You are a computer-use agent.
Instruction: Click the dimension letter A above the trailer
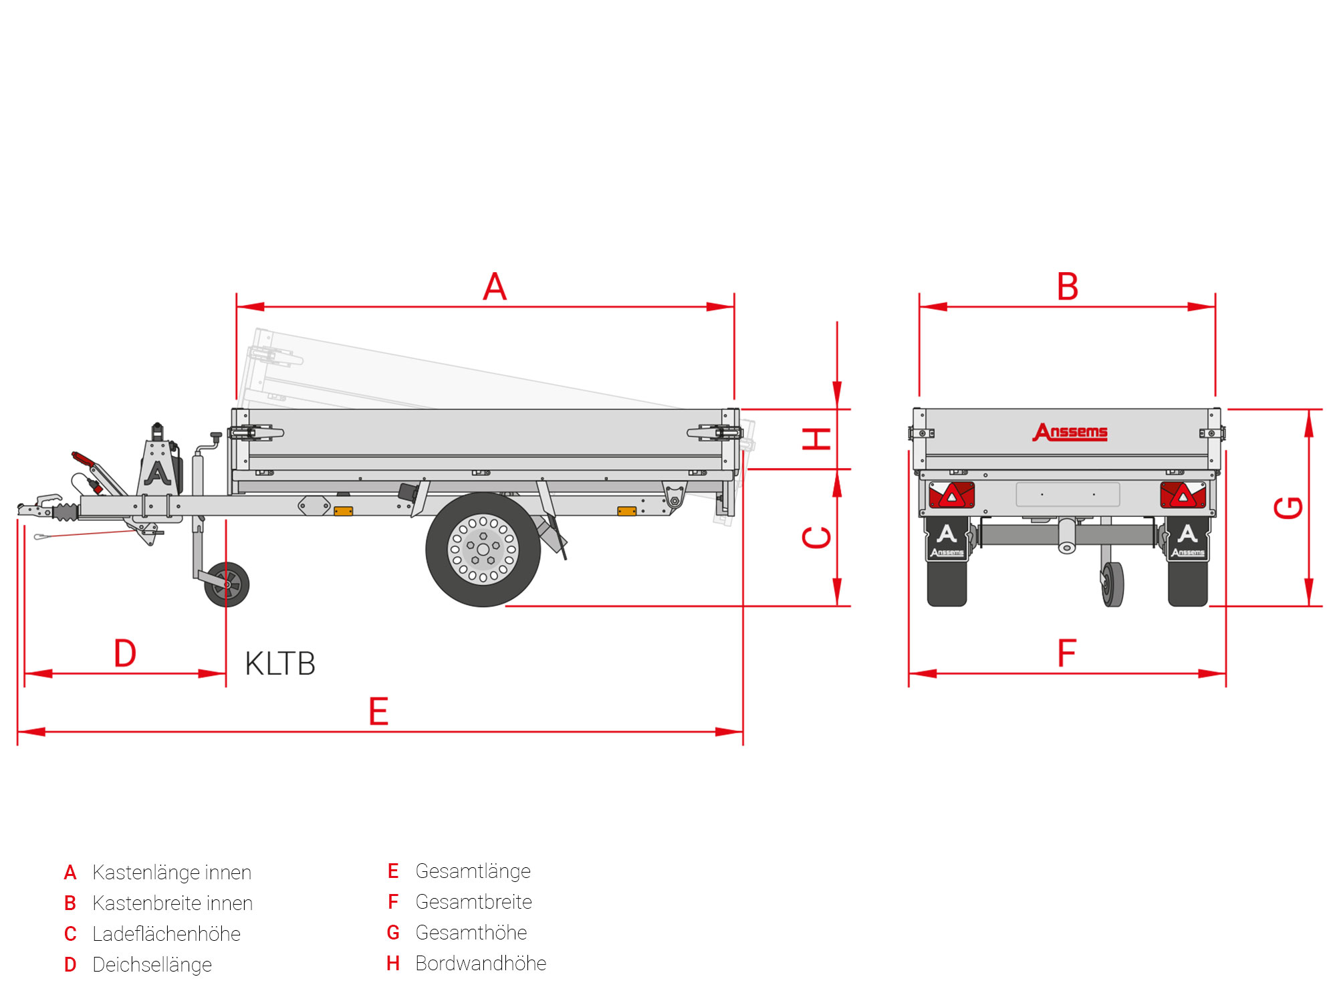click(x=495, y=287)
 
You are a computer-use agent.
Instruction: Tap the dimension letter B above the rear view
click(x=1068, y=287)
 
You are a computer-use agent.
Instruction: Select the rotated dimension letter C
click(x=817, y=538)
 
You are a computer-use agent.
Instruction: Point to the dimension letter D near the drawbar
click(x=125, y=653)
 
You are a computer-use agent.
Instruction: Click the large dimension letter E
click(x=378, y=711)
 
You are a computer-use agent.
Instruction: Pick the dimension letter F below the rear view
click(x=1067, y=653)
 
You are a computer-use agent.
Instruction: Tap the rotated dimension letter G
click(x=1288, y=508)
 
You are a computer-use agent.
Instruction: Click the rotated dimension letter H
click(x=817, y=439)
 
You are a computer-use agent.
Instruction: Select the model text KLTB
click(x=280, y=664)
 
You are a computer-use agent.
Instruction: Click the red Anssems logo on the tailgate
click(x=1070, y=432)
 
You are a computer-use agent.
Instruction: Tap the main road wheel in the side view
click(x=483, y=550)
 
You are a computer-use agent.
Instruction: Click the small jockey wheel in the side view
click(x=227, y=584)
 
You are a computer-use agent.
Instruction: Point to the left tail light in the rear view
click(x=951, y=495)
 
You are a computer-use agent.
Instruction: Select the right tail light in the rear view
click(x=1183, y=495)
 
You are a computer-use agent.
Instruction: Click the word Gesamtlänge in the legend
click(x=473, y=871)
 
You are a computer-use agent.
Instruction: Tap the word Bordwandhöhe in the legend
click(x=481, y=964)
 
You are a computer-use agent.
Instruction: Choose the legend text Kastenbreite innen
click(x=172, y=903)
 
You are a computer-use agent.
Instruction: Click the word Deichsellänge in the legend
click(x=152, y=965)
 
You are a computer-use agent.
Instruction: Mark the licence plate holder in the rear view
click(x=1068, y=495)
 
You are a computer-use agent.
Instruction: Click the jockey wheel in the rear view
click(x=1112, y=584)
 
